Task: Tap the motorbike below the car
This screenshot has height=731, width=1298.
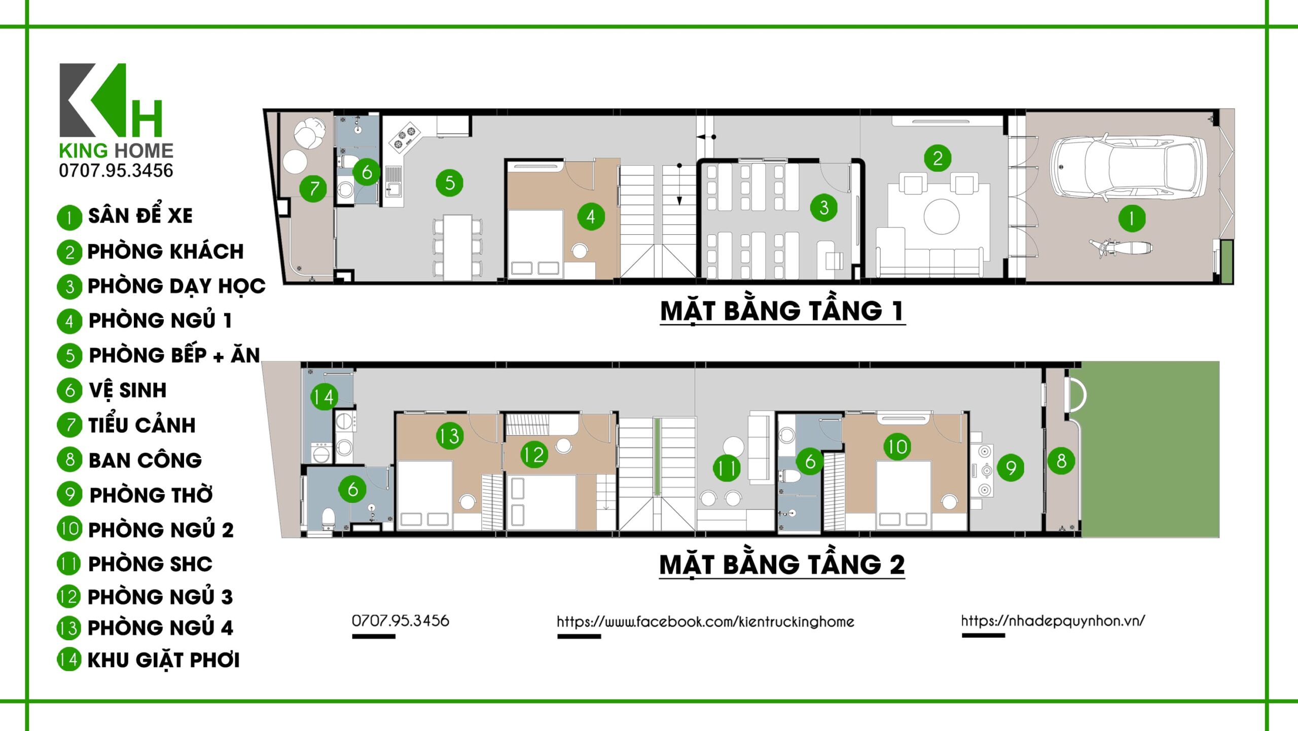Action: point(1121,248)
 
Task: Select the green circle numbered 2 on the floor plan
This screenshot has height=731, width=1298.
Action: point(938,158)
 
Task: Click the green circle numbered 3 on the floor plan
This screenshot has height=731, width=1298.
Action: point(824,207)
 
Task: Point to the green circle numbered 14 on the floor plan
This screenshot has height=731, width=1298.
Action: point(324,396)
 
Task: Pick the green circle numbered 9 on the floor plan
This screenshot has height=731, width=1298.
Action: point(1011,468)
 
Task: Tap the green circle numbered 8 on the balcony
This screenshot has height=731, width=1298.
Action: point(1061,461)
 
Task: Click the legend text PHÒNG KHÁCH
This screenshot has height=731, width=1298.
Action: point(165,251)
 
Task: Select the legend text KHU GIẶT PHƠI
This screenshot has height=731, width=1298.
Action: point(163,660)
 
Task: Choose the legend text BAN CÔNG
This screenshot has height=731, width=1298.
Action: point(145,460)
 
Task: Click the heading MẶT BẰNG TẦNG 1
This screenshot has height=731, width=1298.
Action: point(782,310)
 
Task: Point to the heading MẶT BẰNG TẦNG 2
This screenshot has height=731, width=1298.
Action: point(782,564)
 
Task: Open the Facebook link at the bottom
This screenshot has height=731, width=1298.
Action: point(705,622)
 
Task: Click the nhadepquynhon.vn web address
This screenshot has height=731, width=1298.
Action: point(1053,620)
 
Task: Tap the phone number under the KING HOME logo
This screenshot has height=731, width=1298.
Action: point(116,170)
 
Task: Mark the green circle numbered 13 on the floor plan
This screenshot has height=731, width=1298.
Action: point(449,435)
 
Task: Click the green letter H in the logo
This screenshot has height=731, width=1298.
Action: point(147,118)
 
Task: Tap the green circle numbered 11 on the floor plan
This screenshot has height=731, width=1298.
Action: point(727,468)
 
